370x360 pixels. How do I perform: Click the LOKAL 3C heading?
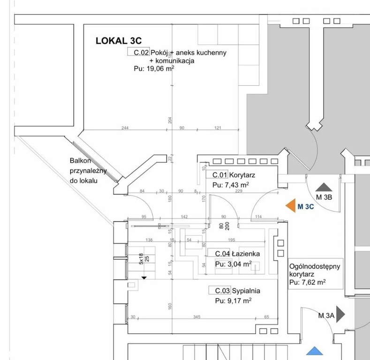coord(118,41)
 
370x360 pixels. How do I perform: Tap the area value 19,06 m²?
coord(154,68)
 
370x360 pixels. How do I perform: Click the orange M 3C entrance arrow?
coord(290,205)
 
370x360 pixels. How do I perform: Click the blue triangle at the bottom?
coord(315,351)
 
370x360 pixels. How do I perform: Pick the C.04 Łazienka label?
coord(237,254)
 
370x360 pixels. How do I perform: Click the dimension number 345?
coord(196,317)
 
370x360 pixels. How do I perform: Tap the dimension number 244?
coord(125,127)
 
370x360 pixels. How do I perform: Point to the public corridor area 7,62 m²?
coord(307,282)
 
